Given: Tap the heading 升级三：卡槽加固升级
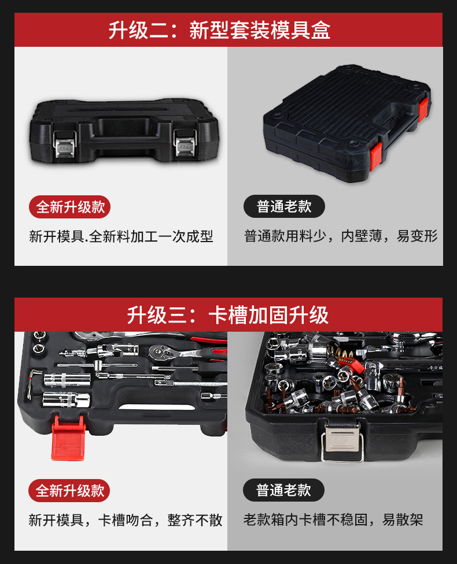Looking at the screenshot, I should click(228, 315).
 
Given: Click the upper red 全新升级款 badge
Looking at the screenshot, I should click(70, 207).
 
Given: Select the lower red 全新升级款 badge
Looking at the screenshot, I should click(69, 491).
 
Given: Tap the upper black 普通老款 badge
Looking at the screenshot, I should click(284, 207).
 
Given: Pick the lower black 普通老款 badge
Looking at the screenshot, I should click(283, 491).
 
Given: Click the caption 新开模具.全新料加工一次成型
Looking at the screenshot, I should click(121, 236).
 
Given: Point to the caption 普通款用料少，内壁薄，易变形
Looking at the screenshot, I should click(341, 236).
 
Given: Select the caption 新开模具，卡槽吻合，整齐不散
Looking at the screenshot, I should click(126, 520).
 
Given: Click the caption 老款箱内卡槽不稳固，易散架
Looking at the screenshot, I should click(333, 520).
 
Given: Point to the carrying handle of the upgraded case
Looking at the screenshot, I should click(124, 125).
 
